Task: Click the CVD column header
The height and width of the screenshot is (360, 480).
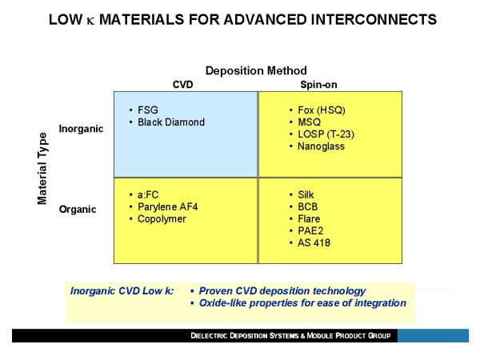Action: pos(182,85)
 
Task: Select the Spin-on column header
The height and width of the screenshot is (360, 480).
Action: pos(318,85)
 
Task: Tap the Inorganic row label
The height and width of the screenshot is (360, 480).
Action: pos(81,129)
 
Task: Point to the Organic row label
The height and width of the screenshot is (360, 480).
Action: pos(78,210)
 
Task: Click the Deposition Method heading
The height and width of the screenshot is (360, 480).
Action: pos(256,70)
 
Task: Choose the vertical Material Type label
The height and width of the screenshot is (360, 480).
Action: pos(42,168)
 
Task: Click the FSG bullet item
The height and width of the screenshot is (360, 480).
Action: pos(148,110)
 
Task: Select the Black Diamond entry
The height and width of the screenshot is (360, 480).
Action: pos(171,122)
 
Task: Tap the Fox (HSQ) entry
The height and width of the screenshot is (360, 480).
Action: pos(322,110)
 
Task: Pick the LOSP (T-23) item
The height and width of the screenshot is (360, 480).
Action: pos(326,134)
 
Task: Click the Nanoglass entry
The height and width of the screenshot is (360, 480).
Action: pos(321,146)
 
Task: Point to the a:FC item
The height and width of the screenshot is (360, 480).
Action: pos(148,194)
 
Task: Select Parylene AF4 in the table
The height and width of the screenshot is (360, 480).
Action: pos(168,207)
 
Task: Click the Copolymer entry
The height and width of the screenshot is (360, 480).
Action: pos(162,219)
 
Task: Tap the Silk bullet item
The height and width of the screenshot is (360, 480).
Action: pos(306,194)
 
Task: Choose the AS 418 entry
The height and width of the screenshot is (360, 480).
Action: pos(314,242)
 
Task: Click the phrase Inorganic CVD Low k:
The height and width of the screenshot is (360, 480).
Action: pos(122,291)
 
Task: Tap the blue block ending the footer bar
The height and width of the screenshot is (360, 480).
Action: pos(433,335)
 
